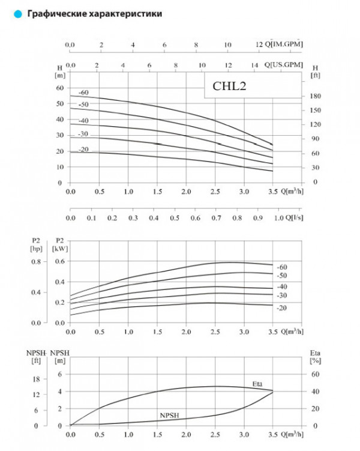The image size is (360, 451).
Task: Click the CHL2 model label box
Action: click(x=230, y=86)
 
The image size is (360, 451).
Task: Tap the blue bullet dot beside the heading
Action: click(x=19, y=13)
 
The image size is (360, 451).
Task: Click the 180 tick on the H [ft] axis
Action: click(x=316, y=96)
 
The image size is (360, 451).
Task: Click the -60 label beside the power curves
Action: click(x=282, y=267)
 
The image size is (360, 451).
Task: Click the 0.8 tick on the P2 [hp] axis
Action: click(x=35, y=261)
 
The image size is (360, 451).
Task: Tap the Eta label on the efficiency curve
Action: click(x=257, y=384)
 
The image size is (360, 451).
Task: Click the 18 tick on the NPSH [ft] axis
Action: click(x=36, y=379)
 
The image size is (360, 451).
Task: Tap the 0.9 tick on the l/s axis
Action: click(x=259, y=218)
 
